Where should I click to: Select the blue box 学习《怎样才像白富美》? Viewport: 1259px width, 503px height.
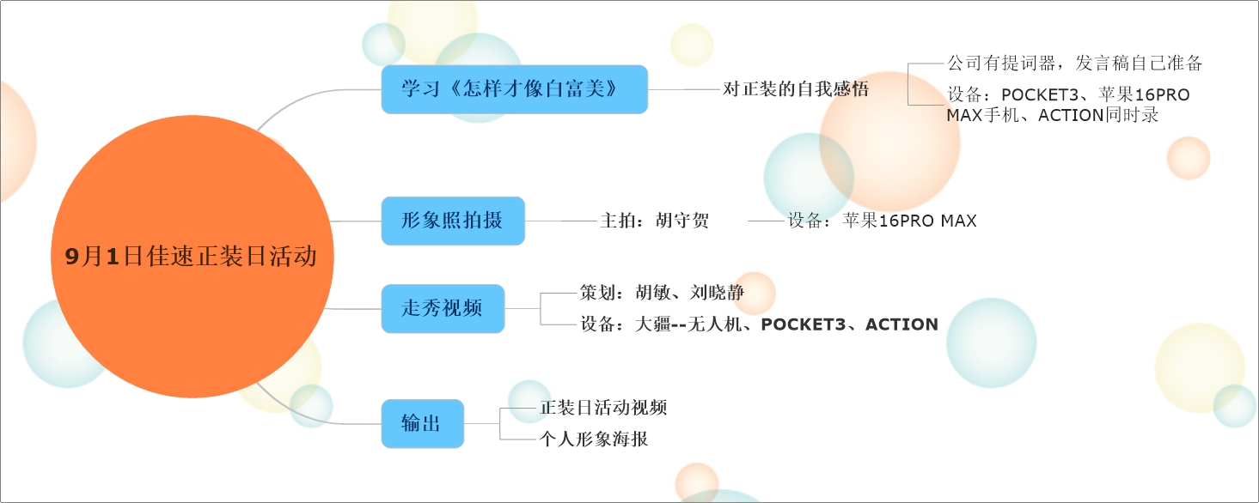[514, 89]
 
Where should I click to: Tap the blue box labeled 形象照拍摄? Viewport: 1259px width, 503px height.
[452, 221]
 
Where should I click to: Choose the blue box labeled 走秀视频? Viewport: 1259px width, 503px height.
[443, 308]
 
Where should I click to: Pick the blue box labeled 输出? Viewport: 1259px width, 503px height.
[422, 423]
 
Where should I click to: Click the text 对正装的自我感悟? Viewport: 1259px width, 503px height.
[795, 89]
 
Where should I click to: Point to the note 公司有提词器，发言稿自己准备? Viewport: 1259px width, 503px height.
[1074, 64]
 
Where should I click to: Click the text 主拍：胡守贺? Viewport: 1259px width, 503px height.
[654, 221]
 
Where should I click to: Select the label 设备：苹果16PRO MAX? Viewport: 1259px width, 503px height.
[882, 221]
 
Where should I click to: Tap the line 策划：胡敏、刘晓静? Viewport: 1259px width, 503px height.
[662, 293]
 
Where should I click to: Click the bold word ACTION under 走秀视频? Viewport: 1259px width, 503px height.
[901, 324]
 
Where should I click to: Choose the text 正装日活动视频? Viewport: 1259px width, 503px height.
[603, 408]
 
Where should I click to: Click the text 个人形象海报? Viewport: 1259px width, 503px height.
[594, 439]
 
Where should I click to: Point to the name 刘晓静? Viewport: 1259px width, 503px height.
[717, 293]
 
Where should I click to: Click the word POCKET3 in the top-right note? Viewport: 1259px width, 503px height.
[1039, 94]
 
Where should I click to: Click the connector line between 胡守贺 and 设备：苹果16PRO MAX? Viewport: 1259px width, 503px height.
[767, 221]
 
